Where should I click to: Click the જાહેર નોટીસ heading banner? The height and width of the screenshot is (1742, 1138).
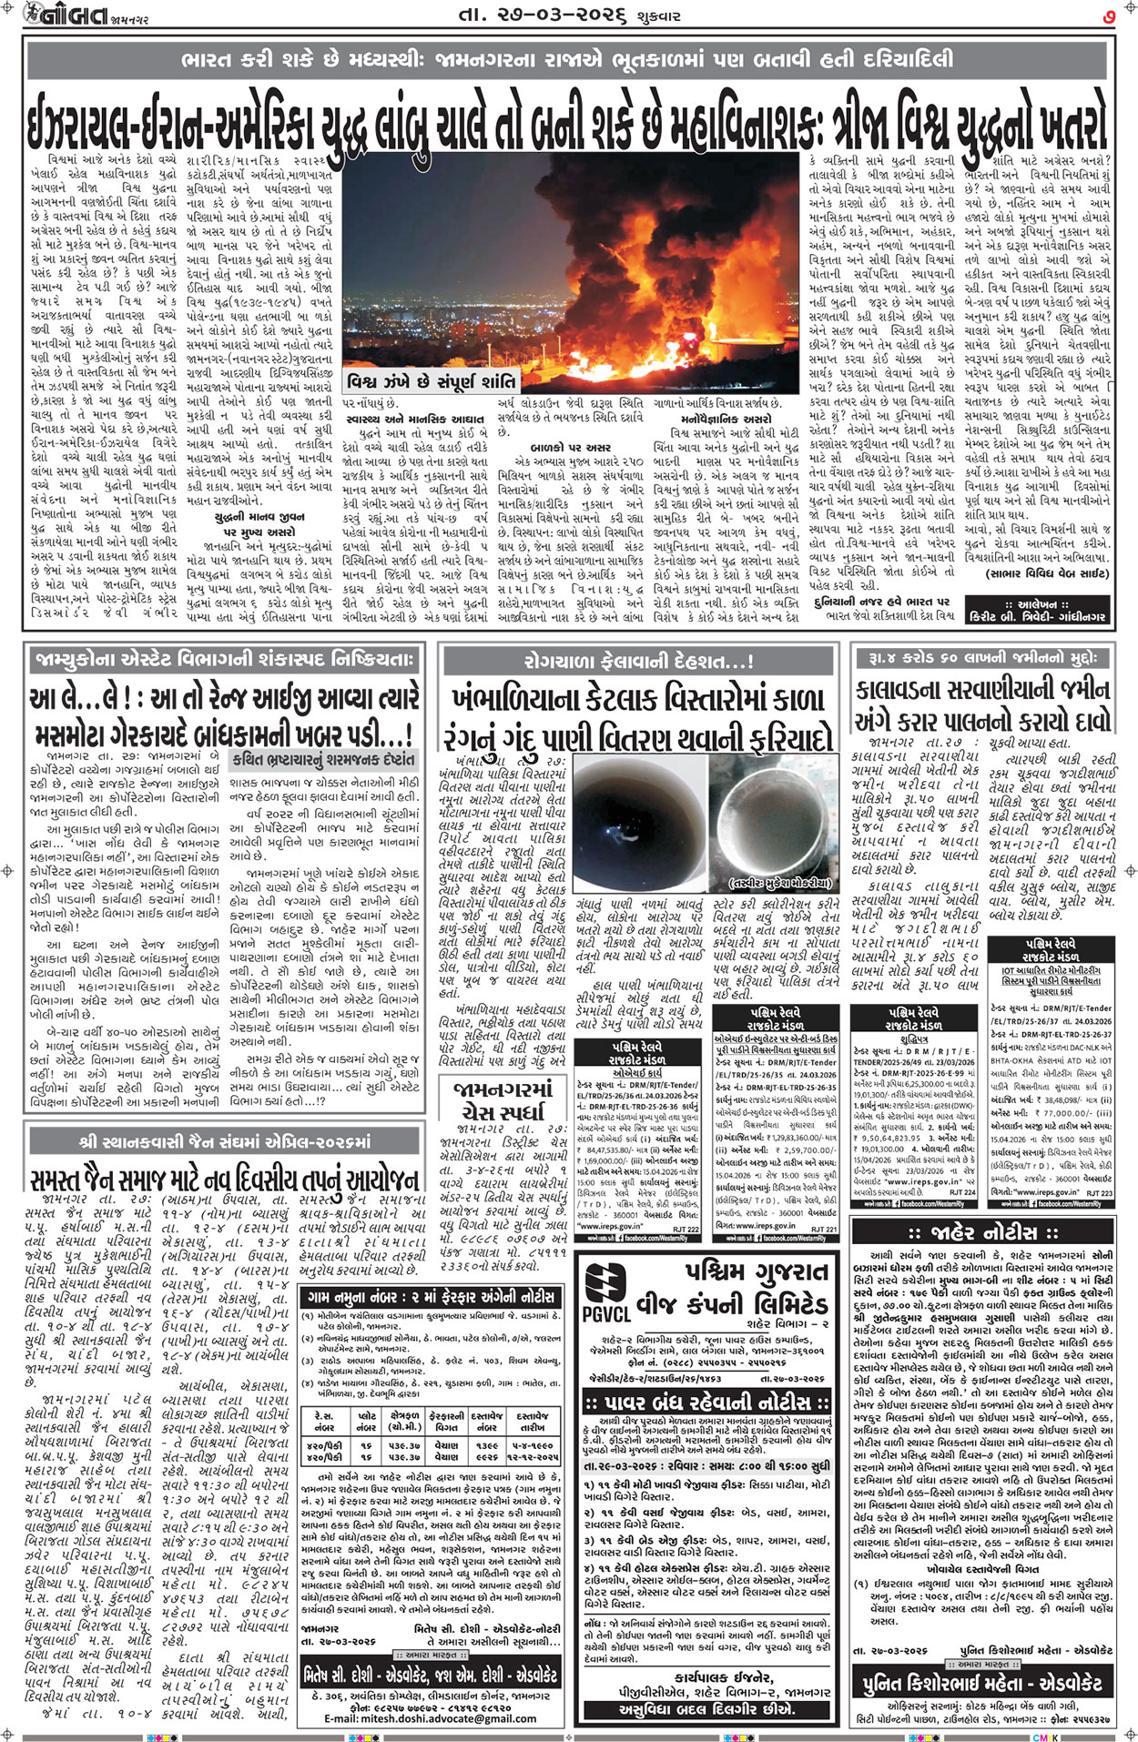click(x=984, y=1233)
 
